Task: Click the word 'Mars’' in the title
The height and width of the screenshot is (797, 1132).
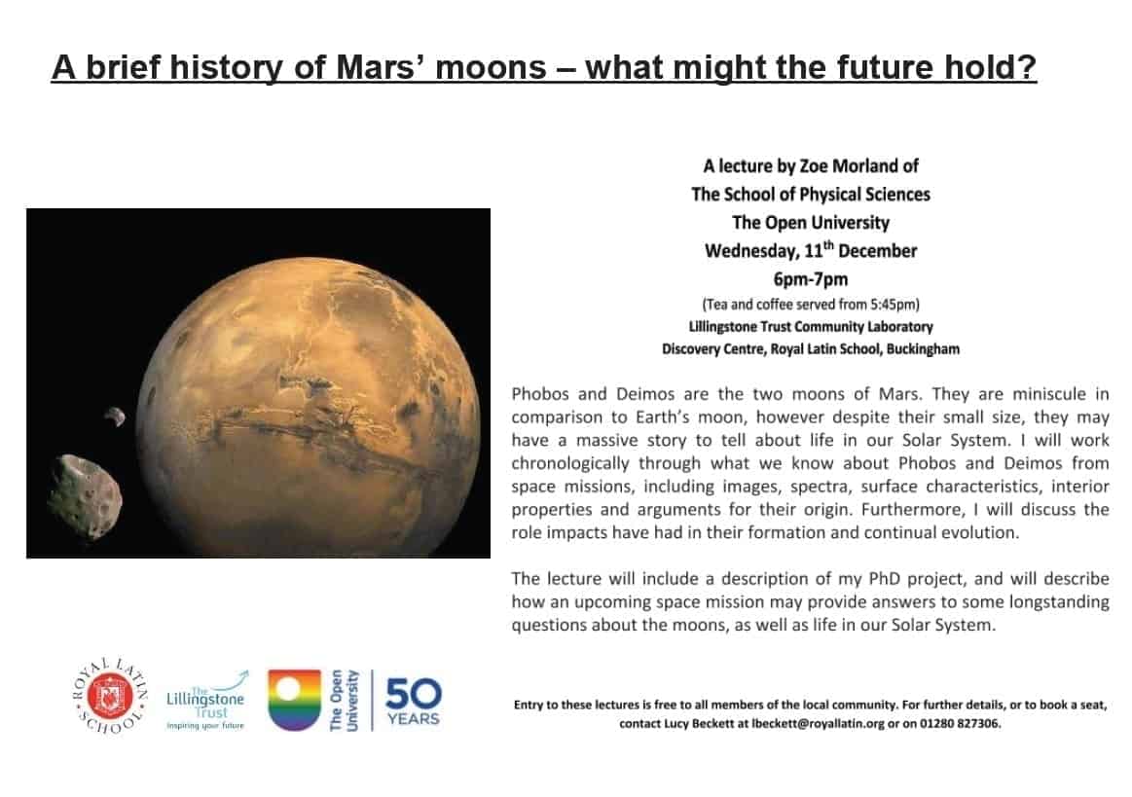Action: [x=382, y=67]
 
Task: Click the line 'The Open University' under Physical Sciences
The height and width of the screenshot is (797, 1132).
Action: [x=811, y=222]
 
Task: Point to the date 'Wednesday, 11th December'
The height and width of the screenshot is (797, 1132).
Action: [x=811, y=250]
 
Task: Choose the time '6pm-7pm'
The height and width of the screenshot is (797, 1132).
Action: [x=811, y=278]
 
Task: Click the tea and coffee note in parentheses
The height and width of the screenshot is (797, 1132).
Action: [x=811, y=304]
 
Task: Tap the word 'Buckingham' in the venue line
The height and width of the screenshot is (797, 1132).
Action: [x=923, y=349]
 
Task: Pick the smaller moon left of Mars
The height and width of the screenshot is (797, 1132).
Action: [x=115, y=417]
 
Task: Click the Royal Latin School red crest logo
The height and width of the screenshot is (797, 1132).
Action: [x=110, y=697]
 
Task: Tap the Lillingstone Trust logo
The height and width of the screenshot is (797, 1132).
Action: [x=206, y=701]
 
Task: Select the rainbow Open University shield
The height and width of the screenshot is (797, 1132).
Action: [x=294, y=700]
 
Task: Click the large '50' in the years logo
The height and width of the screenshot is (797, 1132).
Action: [x=413, y=694]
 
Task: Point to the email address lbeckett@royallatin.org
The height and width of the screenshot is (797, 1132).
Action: [x=818, y=723]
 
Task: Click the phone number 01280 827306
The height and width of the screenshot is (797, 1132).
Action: [x=960, y=723]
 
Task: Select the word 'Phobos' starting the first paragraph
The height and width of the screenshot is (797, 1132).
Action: [x=538, y=394]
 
